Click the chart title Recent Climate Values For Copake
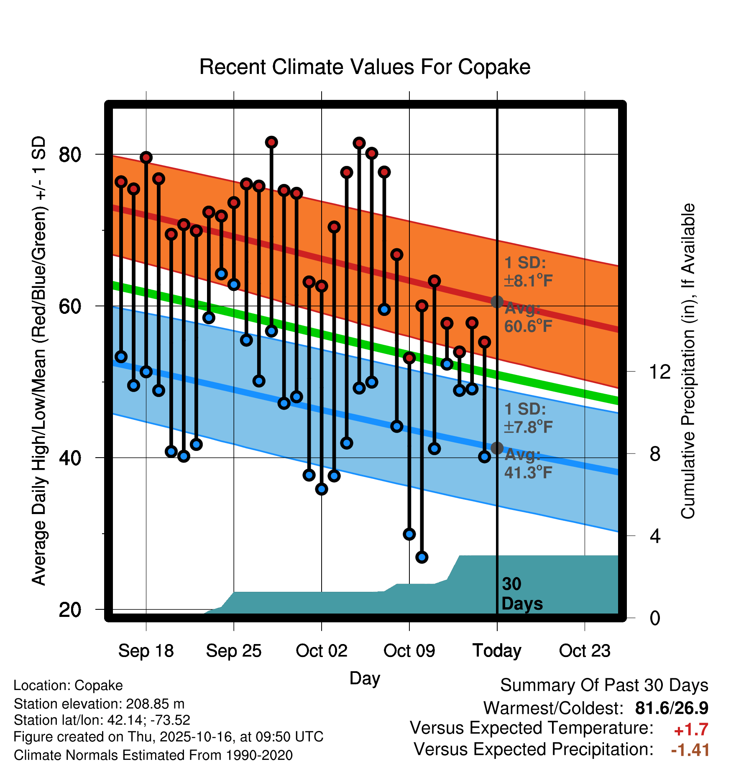365,67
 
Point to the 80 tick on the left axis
70,155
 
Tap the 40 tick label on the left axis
70,458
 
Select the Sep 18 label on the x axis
146,651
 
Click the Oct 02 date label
321,651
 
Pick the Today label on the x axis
497,651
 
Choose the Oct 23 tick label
585,651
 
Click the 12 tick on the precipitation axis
659,372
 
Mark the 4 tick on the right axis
655,536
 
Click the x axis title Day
365,678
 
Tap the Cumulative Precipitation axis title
688,362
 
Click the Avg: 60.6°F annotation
528,318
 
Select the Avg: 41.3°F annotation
528,463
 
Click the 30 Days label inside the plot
521,594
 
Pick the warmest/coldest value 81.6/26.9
672,708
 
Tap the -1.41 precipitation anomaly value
690,750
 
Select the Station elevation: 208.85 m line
99,704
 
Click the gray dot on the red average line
497,302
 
